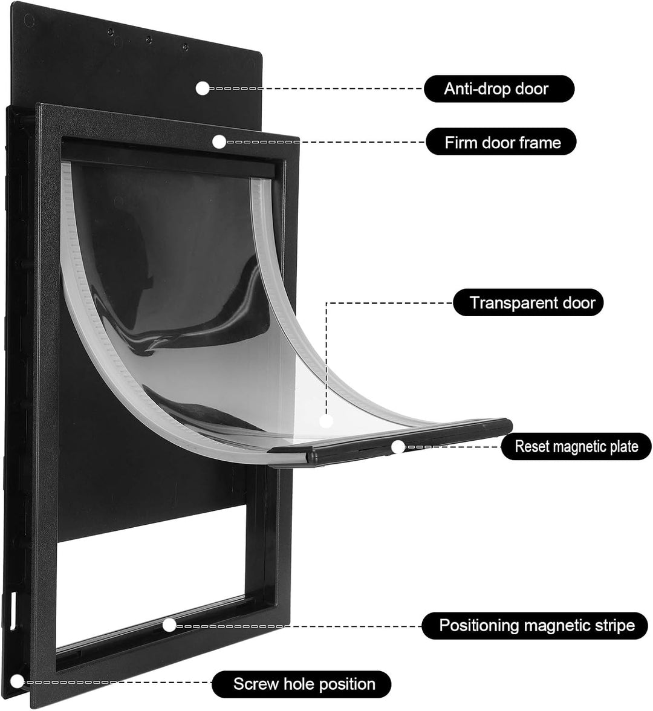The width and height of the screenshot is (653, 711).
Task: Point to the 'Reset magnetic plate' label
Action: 576,446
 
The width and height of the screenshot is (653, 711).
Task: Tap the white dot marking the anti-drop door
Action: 202,88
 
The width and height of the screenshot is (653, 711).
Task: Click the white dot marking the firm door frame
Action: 219,142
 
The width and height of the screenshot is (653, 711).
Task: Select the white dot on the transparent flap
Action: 326,421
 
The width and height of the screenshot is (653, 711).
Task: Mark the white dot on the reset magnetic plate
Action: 398,447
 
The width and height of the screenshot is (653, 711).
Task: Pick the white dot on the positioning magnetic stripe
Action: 169,625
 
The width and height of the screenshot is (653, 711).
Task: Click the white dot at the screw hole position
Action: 17,681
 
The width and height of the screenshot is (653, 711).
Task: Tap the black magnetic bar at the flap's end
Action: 391,443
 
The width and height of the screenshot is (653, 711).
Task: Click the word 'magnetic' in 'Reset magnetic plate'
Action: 576,447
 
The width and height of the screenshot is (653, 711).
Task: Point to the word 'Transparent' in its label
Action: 507,303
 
